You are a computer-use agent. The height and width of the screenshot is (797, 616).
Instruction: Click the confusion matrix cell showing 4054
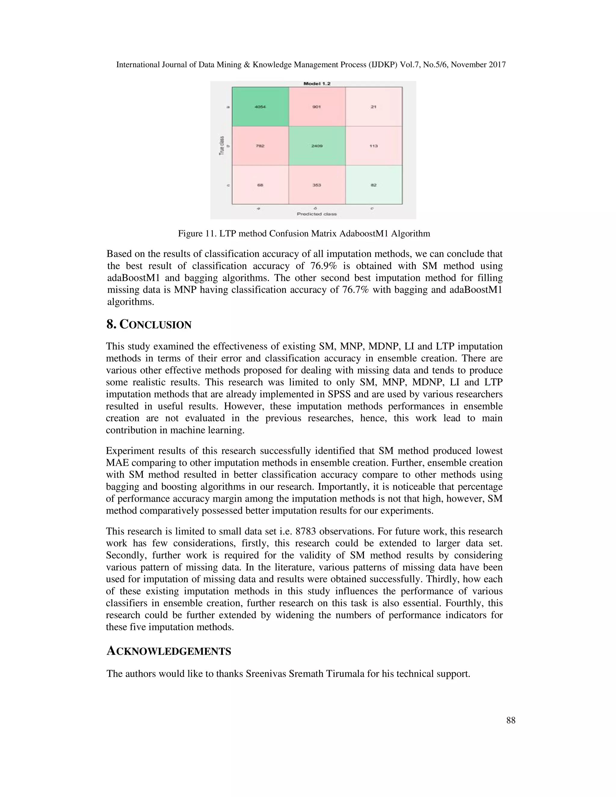(260, 107)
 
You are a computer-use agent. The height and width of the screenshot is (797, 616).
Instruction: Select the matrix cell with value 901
(317, 107)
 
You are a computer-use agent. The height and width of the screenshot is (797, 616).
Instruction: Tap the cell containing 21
(373, 107)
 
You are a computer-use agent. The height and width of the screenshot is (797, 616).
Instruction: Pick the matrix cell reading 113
(373, 146)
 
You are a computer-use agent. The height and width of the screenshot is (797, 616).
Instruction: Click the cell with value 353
(317, 185)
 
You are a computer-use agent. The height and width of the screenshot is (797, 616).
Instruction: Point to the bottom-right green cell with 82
(373, 185)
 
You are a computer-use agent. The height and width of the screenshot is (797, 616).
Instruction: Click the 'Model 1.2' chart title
(317, 84)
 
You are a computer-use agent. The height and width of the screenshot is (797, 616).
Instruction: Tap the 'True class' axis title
(221, 146)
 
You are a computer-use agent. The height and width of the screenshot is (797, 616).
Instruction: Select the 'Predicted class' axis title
(316, 214)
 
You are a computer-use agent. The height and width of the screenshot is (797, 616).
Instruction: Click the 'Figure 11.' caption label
(197, 234)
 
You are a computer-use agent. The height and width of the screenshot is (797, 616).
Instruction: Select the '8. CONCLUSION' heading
(149, 325)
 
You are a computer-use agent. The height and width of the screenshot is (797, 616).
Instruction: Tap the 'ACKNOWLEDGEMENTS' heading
(169, 651)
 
